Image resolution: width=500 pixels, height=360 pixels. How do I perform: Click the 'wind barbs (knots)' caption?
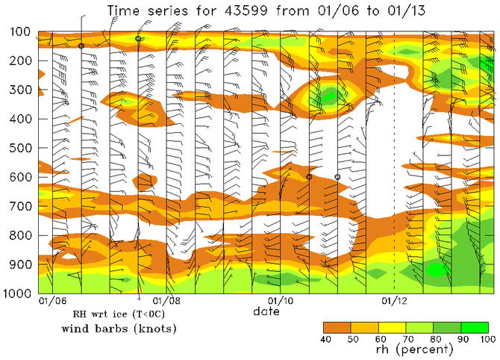click(x=108, y=329)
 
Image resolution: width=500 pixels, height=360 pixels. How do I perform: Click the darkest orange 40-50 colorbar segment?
click(x=337, y=327)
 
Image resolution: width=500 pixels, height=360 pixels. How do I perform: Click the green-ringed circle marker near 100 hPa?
click(x=139, y=38)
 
